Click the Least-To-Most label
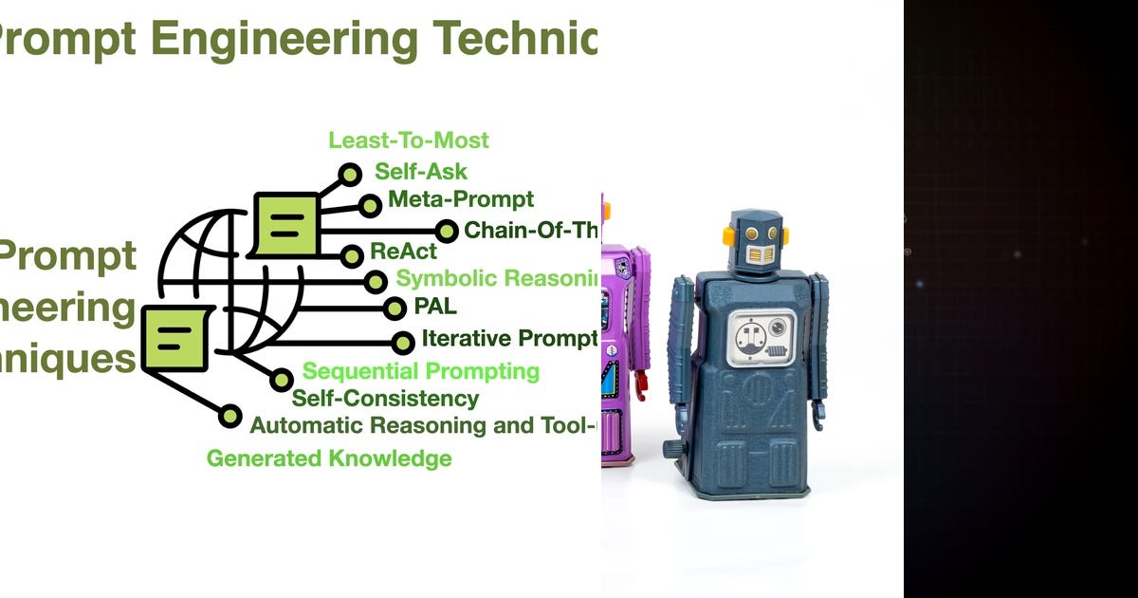point(409,140)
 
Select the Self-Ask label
point(421,172)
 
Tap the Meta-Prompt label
point(461,199)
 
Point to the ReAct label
point(403,252)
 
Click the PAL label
point(435,307)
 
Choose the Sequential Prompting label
point(420,371)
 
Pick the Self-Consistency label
point(385,399)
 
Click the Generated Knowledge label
point(329,459)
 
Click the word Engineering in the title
point(282,39)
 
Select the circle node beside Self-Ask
point(351,175)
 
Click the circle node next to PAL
point(395,308)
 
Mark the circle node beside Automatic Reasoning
point(230,416)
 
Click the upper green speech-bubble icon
point(285,224)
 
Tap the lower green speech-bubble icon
point(174,338)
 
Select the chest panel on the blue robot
point(762,336)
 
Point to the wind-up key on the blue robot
point(672,447)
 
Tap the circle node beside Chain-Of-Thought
point(446,230)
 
